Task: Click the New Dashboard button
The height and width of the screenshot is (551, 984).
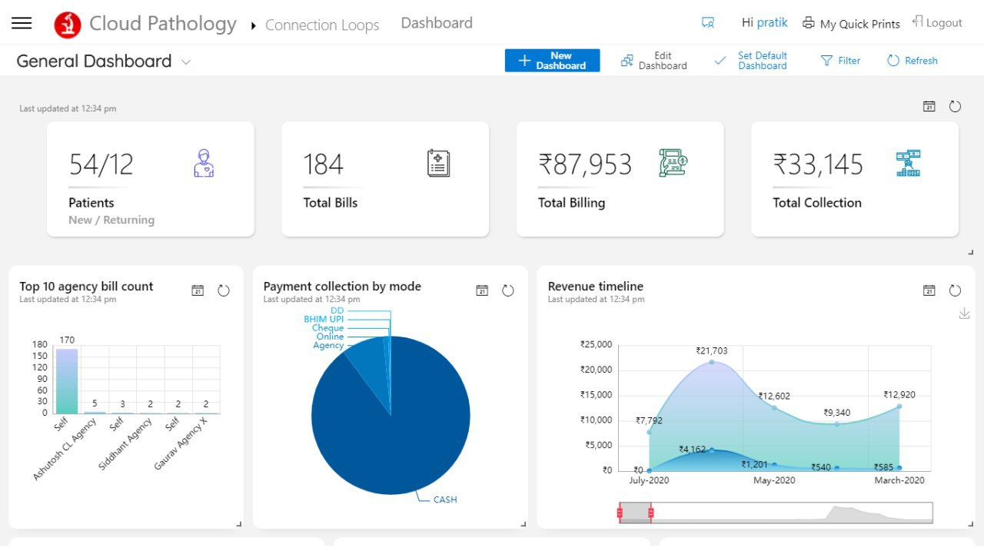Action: [x=552, y=61]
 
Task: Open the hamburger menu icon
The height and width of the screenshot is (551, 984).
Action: [x=22, y=23]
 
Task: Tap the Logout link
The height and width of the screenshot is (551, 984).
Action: [x=937, y=22]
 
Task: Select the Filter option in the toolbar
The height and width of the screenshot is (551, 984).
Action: [x=840, y=61]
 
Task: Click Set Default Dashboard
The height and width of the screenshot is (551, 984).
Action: [x=751, y=61]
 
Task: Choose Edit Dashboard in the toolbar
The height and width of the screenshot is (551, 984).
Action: [x=654, y=61]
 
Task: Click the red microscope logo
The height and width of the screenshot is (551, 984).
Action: [x=68, y=25]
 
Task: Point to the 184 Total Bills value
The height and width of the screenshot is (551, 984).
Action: [x=323, y=164]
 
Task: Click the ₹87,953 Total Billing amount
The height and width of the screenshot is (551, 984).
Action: [x=585, y=164]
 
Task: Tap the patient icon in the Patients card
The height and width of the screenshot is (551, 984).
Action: [x=204, y=164]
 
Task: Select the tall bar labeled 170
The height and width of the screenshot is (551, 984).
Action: [x=67, y=381]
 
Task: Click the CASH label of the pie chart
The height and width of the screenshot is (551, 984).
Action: [x=445, y=500]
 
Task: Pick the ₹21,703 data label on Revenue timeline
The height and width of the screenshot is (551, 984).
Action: [x=712, y=350]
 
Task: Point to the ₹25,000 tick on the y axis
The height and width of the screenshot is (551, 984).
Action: [x=596, y=344]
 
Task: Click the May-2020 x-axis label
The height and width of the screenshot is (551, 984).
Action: [x=774, y=480]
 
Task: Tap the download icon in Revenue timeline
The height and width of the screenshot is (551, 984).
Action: [x=964, y=314]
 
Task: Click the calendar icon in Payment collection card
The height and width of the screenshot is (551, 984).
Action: [x=482, y=290]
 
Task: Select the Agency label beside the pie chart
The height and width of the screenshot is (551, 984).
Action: [x=328, y=345]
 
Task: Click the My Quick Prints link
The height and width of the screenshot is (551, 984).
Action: [x=851, y=23]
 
